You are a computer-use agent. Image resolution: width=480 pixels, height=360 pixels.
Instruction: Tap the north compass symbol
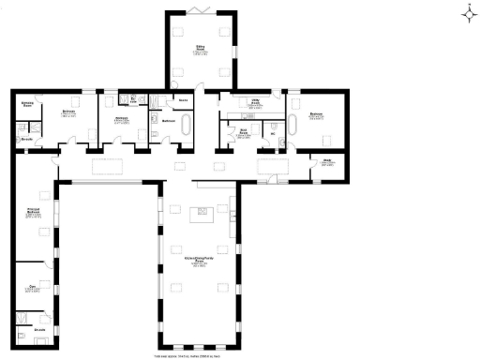click(468, 12)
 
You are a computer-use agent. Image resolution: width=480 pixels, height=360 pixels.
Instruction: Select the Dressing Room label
click(27, 105)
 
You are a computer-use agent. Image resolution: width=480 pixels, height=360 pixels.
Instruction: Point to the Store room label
click(184, 98)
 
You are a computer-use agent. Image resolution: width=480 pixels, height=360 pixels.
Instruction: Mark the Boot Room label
click(242, 133)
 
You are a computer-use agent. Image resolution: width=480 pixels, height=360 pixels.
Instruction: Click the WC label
click(273, 133)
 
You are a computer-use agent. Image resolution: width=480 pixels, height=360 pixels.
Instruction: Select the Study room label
click(328, 162)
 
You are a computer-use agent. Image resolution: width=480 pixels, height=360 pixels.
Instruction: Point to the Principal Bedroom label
click(32, 213)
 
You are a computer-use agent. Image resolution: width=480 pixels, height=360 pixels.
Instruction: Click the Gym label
click(32, 288)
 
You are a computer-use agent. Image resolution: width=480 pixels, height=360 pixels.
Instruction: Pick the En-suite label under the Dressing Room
click(26, 139)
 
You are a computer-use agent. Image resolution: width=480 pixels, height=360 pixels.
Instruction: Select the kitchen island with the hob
click(199, 215)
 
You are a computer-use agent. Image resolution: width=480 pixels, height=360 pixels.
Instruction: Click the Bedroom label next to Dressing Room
click(68, 113)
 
